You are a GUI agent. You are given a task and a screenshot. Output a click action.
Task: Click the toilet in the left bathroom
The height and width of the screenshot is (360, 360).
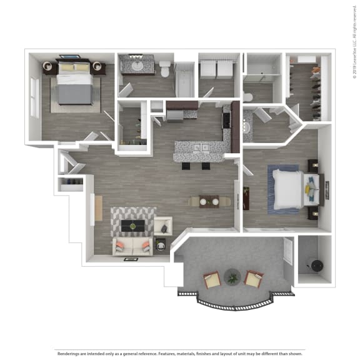click(165, 69)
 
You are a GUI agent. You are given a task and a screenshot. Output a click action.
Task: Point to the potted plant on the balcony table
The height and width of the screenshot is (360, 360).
click(232, 275)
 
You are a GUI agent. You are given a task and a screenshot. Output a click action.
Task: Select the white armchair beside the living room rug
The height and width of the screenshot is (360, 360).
click(162, 226)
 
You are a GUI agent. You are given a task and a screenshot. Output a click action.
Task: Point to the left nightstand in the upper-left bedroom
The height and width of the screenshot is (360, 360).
click(49, 67)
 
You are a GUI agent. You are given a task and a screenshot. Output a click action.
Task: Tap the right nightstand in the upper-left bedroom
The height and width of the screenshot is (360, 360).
click(99, 67)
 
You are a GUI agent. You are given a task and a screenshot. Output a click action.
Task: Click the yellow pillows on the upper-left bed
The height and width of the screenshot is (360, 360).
click(74, 67)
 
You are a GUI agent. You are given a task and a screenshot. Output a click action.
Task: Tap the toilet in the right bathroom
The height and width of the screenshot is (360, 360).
click(247, 97)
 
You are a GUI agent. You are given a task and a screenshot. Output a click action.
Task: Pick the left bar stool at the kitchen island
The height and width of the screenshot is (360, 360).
click(185, 165)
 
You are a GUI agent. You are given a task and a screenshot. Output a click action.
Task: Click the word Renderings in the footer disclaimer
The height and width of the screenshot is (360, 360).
click(69, 352)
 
